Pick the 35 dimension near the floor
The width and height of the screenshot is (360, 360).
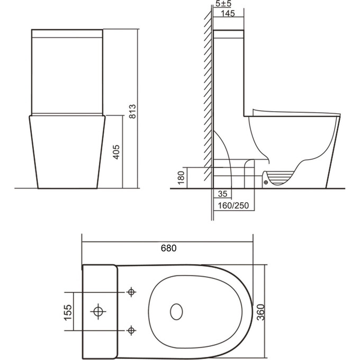(x=222, y=194)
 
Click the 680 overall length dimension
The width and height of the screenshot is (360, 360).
(x=168, y=247)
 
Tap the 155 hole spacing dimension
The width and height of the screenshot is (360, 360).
(x=66, y=311)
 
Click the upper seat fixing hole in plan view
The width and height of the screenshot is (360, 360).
(x=131, y=292)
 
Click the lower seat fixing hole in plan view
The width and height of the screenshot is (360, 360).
(x=131, y=330)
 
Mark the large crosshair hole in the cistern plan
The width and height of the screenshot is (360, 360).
(x=98, y=311)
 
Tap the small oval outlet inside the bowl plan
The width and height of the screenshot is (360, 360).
(x=177, y=311)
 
